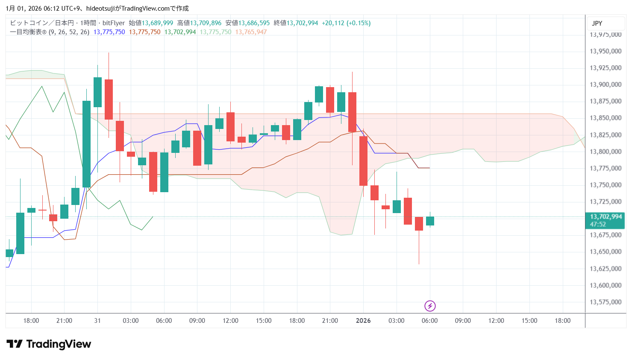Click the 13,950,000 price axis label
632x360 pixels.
(x=605, y=51)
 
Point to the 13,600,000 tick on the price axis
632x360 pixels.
(x=605, y=285)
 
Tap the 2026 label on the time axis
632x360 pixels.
(x=363, y=321)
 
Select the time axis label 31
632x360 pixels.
(x=97, y=321)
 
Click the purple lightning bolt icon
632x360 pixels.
(x=430, y=306)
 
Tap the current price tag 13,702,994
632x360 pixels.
(x=606, y=217)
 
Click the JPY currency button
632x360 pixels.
(x=597, y=23)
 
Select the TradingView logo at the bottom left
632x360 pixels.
(x=49, y=344)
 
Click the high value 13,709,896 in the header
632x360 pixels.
(x=206, y=23)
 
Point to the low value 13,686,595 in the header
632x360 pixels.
(x=254, y=23)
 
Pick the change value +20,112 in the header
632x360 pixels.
(x=333, y=23)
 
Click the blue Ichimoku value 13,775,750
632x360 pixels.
(x=109, y=32)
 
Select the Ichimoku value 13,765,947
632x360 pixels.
(x=251, y=32)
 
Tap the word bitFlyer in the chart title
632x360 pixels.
(x=114, y=23)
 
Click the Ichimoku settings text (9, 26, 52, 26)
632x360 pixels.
(x=69, y=32)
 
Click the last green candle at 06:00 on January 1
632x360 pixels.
(x=430, y=221)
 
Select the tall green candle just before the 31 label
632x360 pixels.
(x=86, y=144)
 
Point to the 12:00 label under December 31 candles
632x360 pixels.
(x=230, y=321)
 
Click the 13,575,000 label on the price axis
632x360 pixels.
(x=605, y=302)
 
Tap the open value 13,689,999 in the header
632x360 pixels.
(x=157, y=23)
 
